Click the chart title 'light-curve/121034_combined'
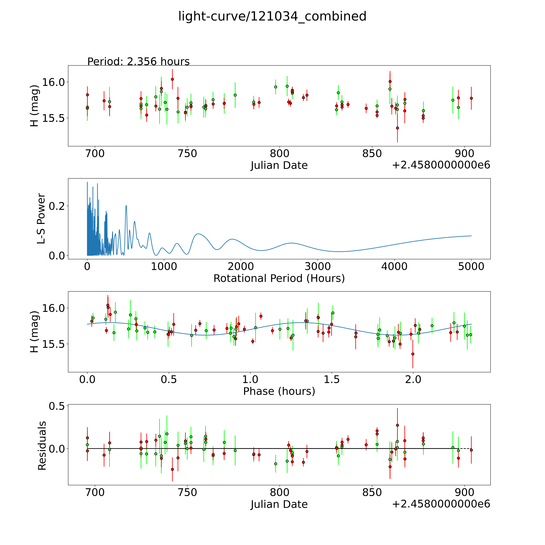tap(272, 16)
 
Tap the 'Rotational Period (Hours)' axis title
tap(279, 278)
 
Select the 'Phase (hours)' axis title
tap(279, 391)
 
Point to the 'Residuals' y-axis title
tap(42, 446)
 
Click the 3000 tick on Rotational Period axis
tap(318, 266)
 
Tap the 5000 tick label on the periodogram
tap(471, 266)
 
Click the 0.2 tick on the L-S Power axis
tap(57, 206)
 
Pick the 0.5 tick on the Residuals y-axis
tap(57, 406)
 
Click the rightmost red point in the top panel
tap(471, 98)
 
